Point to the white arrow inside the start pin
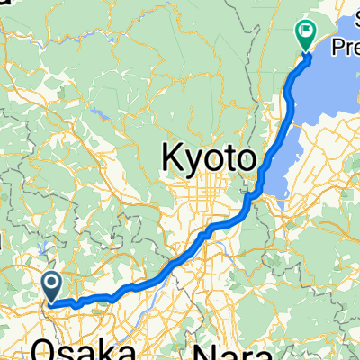(52, 286)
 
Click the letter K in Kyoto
(172, 159)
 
